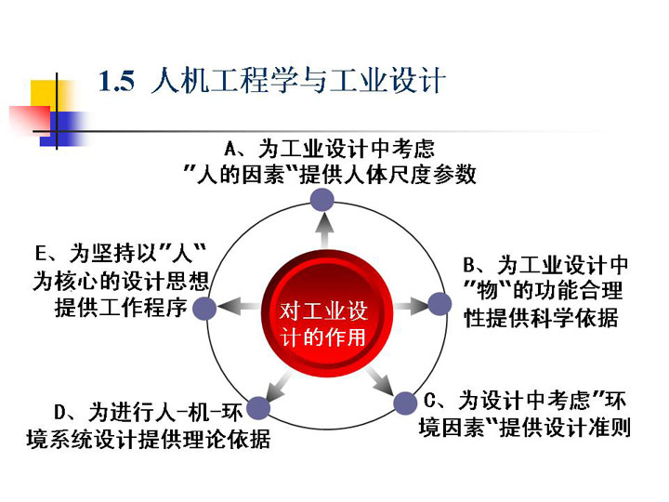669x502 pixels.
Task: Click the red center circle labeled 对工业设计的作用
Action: coord(327,313)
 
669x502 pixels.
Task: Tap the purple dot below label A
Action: coord(321,200)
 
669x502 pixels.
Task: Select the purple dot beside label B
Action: coord(439,304)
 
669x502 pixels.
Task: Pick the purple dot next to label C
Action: coord(405,403)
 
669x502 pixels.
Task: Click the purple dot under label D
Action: coord(258,408)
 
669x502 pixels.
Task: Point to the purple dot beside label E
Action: coord(204,309)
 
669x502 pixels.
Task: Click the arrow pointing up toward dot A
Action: coord(325,231)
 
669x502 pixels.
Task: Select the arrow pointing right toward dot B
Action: coord(410,306)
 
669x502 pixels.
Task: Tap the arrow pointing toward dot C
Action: coord(381,381)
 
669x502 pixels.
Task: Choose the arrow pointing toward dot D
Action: coord(279,387)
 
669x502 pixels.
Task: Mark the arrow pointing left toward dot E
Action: coord(239,307)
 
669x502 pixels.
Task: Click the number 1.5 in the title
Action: coord(116,81)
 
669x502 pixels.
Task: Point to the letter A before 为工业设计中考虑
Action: coord(230,150)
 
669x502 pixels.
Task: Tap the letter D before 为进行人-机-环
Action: coord(60,413)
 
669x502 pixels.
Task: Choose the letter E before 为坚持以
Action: coord(41,254)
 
